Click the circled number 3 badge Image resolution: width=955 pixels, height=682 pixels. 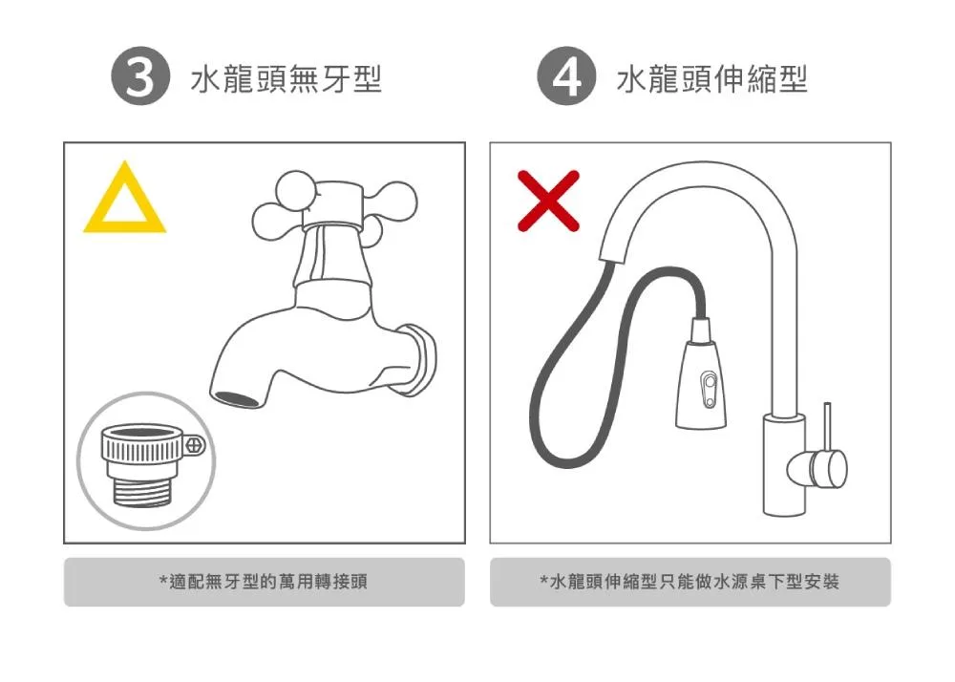pos(140,76)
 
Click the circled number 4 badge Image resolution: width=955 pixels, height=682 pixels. pos(566,76)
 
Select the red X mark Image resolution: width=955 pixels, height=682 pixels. pos(548,201)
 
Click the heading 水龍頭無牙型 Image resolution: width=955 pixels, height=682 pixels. pos(286,79)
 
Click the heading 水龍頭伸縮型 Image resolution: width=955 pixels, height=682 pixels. pos(712,79)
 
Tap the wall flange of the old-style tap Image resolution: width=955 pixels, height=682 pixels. pos(421,359)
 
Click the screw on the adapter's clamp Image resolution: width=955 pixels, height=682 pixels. pos(195,445)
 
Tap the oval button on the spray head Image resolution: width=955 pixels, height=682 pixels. pos(709,390)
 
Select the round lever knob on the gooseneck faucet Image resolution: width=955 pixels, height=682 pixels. pos(819,469)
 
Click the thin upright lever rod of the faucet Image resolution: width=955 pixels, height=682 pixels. pos(827,426)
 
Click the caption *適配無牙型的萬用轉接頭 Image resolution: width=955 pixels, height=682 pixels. pos(264,582)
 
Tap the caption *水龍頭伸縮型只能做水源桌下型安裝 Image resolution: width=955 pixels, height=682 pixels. pos(690,582)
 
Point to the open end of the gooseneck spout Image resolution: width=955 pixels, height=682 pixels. pos(616,256)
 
